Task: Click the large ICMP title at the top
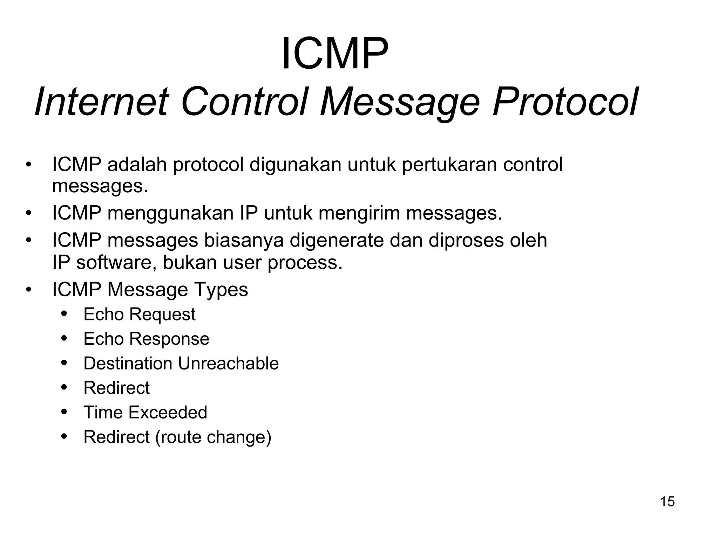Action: pos(335,54)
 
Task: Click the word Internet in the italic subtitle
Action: pos(102,102)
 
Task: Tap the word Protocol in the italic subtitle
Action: pos(564,102)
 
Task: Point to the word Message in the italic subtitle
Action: pos(400,102)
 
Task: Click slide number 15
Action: pos(667,502)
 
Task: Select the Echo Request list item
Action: pos(139,314)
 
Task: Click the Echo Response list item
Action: pos(146,339)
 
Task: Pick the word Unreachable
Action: pos(228,363)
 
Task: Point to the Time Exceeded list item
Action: pos(145,412)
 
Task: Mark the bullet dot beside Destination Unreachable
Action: pos(64,363)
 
